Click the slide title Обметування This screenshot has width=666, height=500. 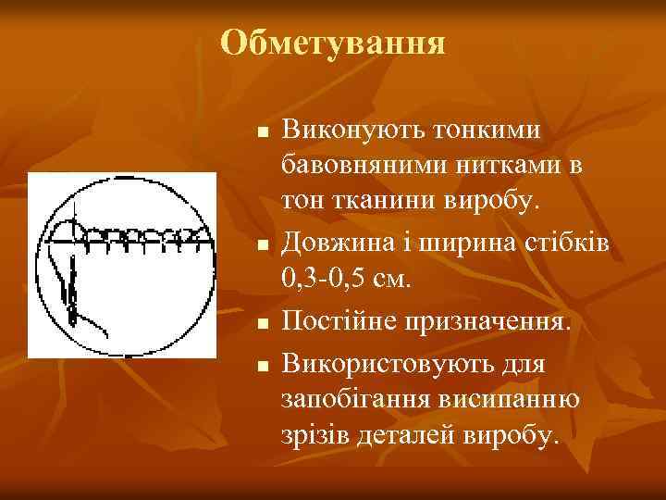[334, 43]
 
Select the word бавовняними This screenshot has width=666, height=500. [360, 168]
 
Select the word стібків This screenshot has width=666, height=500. [561, 243]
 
